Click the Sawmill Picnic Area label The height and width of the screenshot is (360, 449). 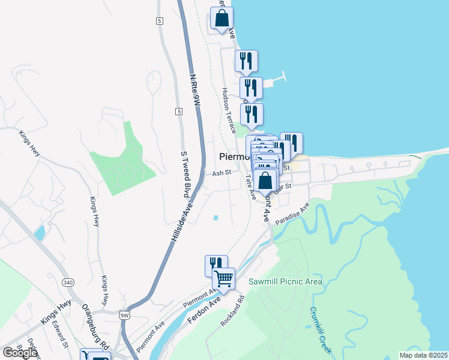click(286, 282)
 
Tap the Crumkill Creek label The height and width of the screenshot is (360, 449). click(322, 331)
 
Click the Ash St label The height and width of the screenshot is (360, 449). click(221, 173)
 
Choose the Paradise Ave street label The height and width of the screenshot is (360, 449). click(292, 214)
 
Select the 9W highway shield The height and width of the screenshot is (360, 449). click(124, 314)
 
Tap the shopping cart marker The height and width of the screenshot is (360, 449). click(223, 278)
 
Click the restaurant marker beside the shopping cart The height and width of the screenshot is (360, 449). click(216, 265)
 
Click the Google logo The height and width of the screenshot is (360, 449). click(19, 353)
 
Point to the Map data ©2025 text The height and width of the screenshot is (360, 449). click(424, 355)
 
